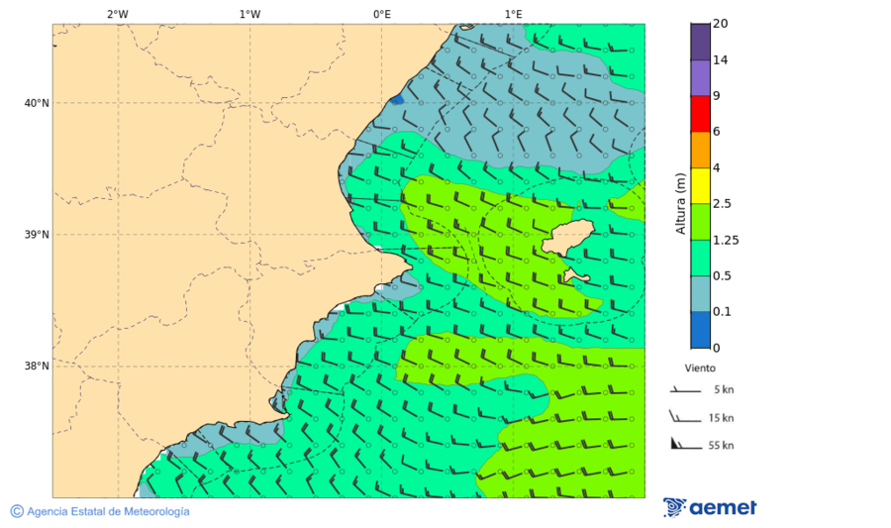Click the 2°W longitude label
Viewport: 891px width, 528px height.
(117, 14)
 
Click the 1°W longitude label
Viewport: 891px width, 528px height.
(249, 14)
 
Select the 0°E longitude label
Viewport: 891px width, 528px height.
(381, 14)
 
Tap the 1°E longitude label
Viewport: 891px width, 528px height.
(513, 14)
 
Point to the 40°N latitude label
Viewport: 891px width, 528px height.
(37, 103)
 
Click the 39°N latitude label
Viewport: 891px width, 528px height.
(37, 235)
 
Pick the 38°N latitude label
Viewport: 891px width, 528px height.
(37, 367)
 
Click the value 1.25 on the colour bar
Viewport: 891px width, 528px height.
(726, 240)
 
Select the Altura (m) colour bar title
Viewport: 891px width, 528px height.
(681, 204)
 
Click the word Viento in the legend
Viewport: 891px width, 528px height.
(700, 368)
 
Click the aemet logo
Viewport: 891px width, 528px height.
(710, 507)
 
